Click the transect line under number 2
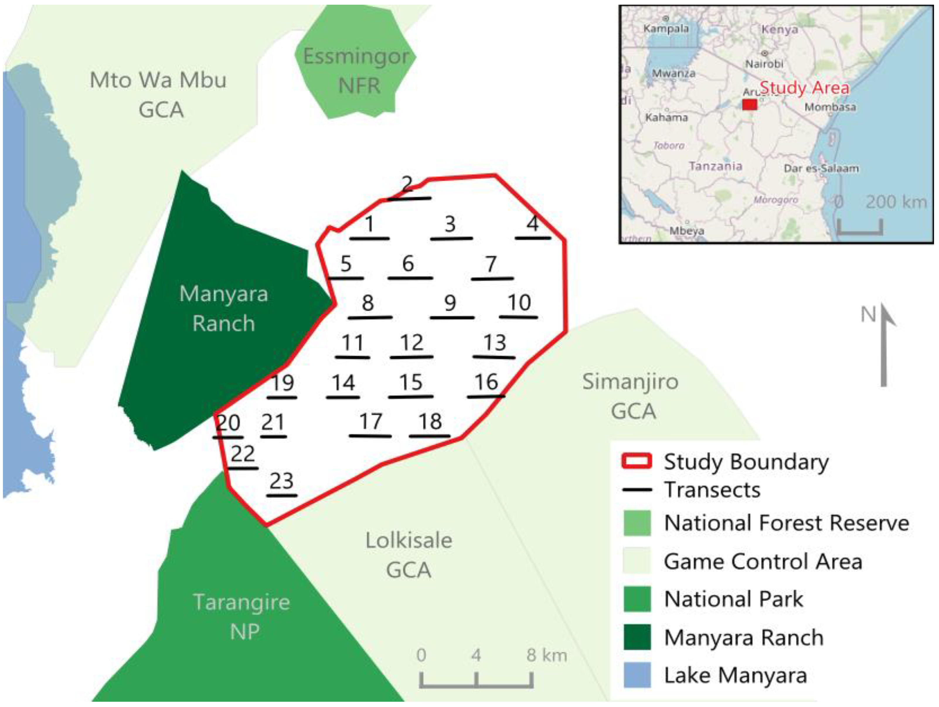(409, 198)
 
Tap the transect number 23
(281, 481)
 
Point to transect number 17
(371, 421)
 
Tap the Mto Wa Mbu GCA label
(158, 94)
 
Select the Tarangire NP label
(242, 616)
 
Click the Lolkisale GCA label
(409, 555)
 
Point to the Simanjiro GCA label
(630, 396)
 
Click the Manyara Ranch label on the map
(224, 309)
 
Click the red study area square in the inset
(749, 104)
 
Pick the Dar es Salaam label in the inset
(821, 168)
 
